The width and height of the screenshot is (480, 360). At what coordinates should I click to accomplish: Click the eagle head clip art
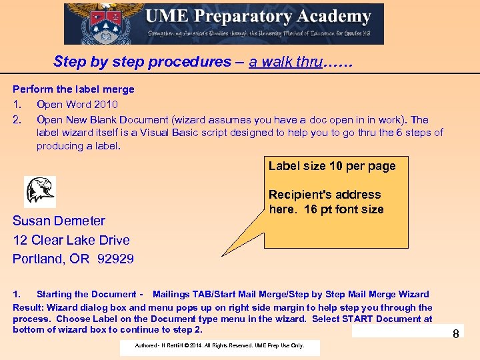point(40,191)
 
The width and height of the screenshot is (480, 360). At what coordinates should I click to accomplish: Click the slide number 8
point(456,333)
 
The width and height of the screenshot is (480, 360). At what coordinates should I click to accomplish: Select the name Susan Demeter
point(59,221)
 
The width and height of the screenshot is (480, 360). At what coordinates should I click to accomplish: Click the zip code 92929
point(115,259)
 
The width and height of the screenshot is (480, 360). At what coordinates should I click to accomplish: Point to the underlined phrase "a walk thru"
point(285,62)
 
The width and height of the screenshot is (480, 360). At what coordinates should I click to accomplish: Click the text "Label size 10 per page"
point(332,166)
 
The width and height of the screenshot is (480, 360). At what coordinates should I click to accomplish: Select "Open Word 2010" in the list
point(77,105)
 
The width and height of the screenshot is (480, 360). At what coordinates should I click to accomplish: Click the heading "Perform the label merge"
point(73,89)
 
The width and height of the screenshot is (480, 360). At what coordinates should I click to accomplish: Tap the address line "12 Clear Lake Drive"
point(71,240)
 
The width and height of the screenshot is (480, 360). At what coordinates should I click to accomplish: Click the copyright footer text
point(219,345)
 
